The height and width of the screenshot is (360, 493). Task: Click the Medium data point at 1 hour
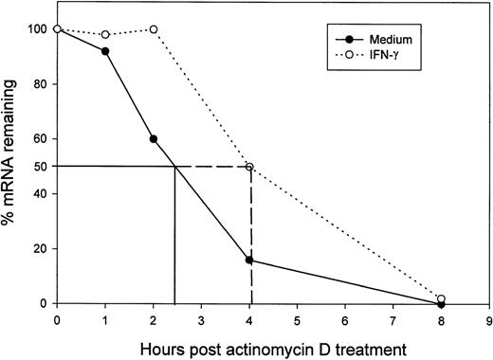tap(105, 51)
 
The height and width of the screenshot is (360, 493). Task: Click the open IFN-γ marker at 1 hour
tap(105, 35)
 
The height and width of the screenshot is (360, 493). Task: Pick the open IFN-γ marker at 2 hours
tap(154, 29)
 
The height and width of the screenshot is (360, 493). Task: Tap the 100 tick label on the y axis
tap(34, 29)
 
